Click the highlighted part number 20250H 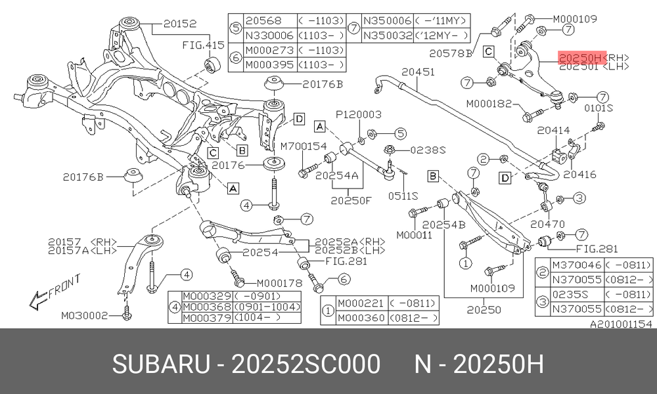581,57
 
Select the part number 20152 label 180,24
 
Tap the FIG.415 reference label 203,45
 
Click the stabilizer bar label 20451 418,72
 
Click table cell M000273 269,51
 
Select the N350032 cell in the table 388,35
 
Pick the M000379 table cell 207,317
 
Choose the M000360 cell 361,318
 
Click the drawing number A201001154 621,324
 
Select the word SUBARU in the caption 160,364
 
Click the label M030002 84,315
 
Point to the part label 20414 553,130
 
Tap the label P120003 359,114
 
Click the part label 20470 547,224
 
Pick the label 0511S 403,196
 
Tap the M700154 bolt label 304,146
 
